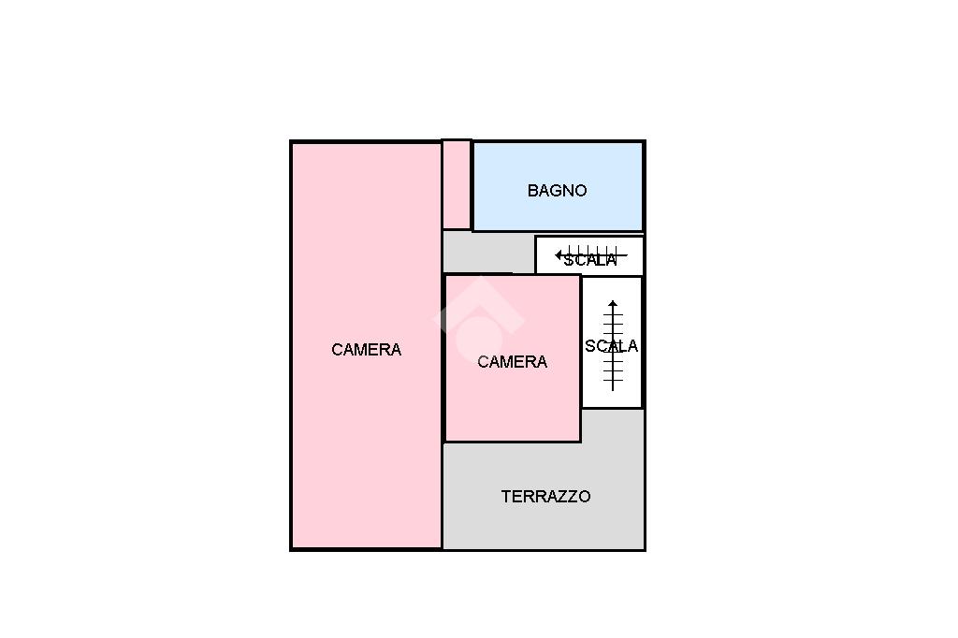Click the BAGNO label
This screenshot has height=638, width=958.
[x=557, y=191]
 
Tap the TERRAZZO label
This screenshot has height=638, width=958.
[x=545, y=497]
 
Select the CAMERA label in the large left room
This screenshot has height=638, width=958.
[x=366, y=350]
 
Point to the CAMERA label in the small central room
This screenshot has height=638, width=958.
[x=512, y=362]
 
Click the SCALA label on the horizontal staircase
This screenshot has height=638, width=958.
[x=590, y=260]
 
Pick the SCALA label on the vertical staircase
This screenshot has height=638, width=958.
[x=612, y=346]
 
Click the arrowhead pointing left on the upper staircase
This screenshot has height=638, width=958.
[x=559, y=254]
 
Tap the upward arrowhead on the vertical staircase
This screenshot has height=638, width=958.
[x=613, y=304]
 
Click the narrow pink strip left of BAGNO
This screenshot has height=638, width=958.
[x=457, y=184]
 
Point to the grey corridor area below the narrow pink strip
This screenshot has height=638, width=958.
[x=486, y=251]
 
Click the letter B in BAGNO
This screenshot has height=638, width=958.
[x=532, y=191]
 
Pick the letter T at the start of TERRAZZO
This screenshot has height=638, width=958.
[x=506, y=497]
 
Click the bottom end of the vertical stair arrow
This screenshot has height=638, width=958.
[x=613, y=388]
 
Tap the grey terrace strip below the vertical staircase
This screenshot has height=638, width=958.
[x=613, y=426]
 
